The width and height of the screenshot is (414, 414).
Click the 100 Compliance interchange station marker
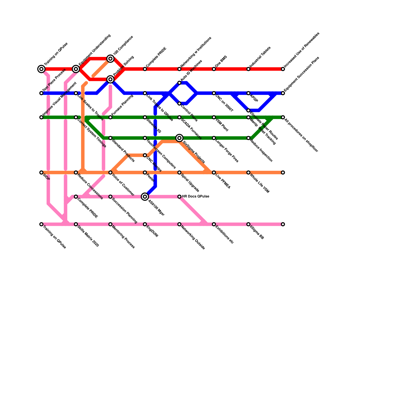110,59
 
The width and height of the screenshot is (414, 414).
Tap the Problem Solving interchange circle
110,79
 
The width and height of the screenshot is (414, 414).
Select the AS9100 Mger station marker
145,197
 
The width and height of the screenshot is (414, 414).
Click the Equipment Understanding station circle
76,69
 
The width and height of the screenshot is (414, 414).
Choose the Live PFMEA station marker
214,173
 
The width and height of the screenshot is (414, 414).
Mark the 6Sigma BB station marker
248,224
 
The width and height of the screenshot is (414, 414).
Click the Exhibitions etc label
225,235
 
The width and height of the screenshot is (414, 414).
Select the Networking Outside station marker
179,224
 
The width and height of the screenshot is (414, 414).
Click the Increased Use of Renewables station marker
283,69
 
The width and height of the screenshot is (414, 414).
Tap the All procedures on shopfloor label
301,135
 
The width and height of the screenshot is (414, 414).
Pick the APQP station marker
248,93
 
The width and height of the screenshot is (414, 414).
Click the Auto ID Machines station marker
179,83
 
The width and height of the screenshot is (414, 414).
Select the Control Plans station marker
179,104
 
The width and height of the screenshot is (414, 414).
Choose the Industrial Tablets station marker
248,69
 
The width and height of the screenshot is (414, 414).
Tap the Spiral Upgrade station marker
179,173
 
